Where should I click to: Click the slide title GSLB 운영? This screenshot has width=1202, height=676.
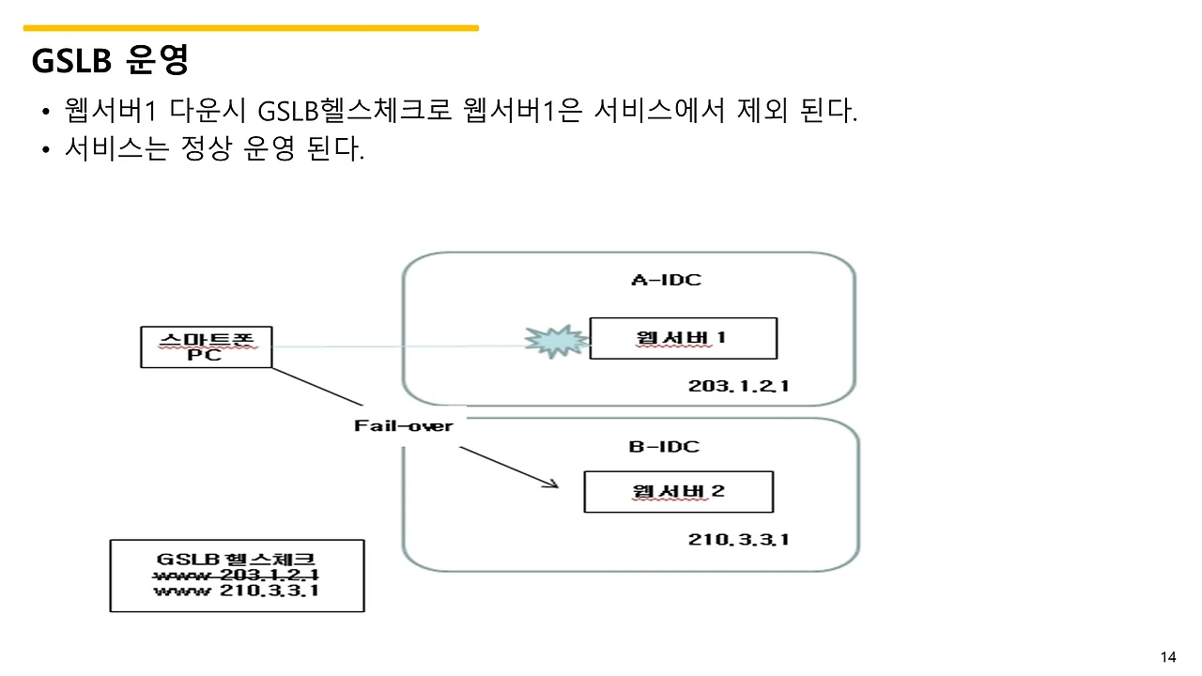(x=111, y=60)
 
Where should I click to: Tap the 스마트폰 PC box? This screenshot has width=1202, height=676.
(x=205, y=346)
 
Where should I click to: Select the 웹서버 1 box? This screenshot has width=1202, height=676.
(x=683, y=338)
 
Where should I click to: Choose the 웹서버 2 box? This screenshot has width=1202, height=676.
(x=678, y=491)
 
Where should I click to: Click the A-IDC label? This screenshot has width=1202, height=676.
(x=665, y=280)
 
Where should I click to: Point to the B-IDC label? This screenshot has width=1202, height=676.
(x=664, y=447)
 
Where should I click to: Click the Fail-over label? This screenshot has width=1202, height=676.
(x=404, y=426)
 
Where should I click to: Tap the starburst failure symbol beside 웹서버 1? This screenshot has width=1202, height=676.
(x=554, y=341)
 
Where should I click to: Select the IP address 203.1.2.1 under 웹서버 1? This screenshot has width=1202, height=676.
(x=737, y=386)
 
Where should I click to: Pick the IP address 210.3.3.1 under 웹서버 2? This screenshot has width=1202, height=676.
(x=738, y=539)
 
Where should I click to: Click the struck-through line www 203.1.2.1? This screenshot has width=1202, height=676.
(x=237, y=575)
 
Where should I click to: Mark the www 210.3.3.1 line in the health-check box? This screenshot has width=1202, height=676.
(x=237, y=591)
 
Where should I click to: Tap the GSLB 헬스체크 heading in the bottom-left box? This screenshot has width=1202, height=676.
(x=237, y=559)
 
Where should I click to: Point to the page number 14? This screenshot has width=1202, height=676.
(x=1168, y=656)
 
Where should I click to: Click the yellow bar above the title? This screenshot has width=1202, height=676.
(x=251, y=28)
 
